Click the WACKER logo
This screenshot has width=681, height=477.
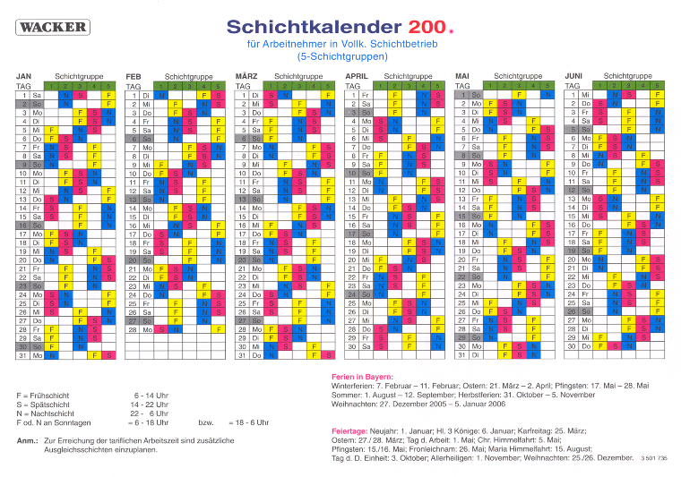pyautogui.click(x=54, y=27)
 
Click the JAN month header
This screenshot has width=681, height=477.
pyautogui.click(x=24, y=76)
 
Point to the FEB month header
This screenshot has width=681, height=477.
pyautogui.click(x=134, y=76)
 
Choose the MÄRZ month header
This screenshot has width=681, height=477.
pyautogui.click(x=246, y=76)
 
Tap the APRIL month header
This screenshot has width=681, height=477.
pyautogui.click(x=357, y=76)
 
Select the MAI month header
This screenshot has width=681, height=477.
pyautogui.click(x=462, y=76)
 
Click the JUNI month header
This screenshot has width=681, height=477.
pyautogui.click(x=574, y=76)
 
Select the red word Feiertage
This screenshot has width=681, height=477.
pyautogui.click(x=350, y=430)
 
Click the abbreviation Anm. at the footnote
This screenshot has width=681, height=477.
pyautogui.click(x=26, y=441)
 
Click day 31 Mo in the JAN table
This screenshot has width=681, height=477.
pyautogui.click(x=31, y=355)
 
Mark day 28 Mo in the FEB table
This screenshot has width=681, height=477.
pyautogui.click(x=141, y=329)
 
